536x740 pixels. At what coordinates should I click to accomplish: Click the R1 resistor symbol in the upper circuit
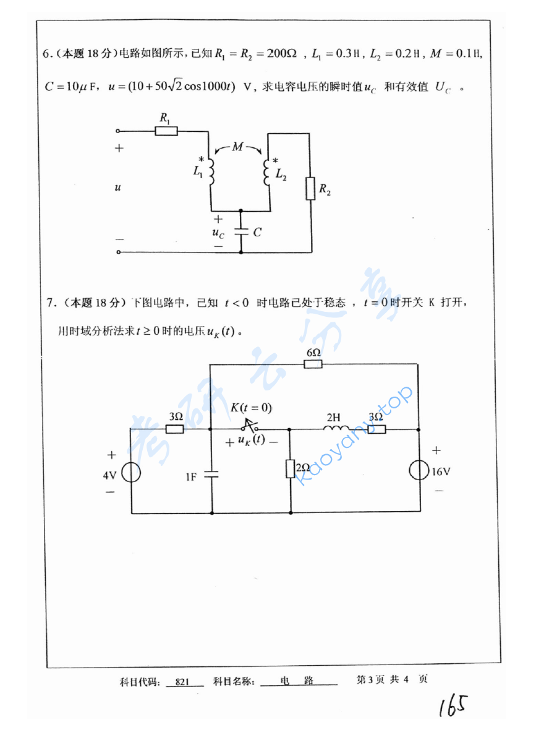166,131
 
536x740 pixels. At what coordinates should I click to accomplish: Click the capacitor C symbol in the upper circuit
240,232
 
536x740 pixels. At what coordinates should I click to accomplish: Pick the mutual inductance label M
239,147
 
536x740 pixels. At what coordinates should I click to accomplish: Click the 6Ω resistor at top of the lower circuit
313,364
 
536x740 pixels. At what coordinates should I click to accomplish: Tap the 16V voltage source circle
419,471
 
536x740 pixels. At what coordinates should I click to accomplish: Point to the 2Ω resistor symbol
289,469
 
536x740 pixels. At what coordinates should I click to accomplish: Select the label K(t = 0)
251,408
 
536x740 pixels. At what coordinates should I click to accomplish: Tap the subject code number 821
182,682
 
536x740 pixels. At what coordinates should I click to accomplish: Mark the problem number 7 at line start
51,303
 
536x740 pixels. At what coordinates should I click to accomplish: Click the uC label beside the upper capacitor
218,233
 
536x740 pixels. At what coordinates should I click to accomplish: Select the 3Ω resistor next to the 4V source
175,429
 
